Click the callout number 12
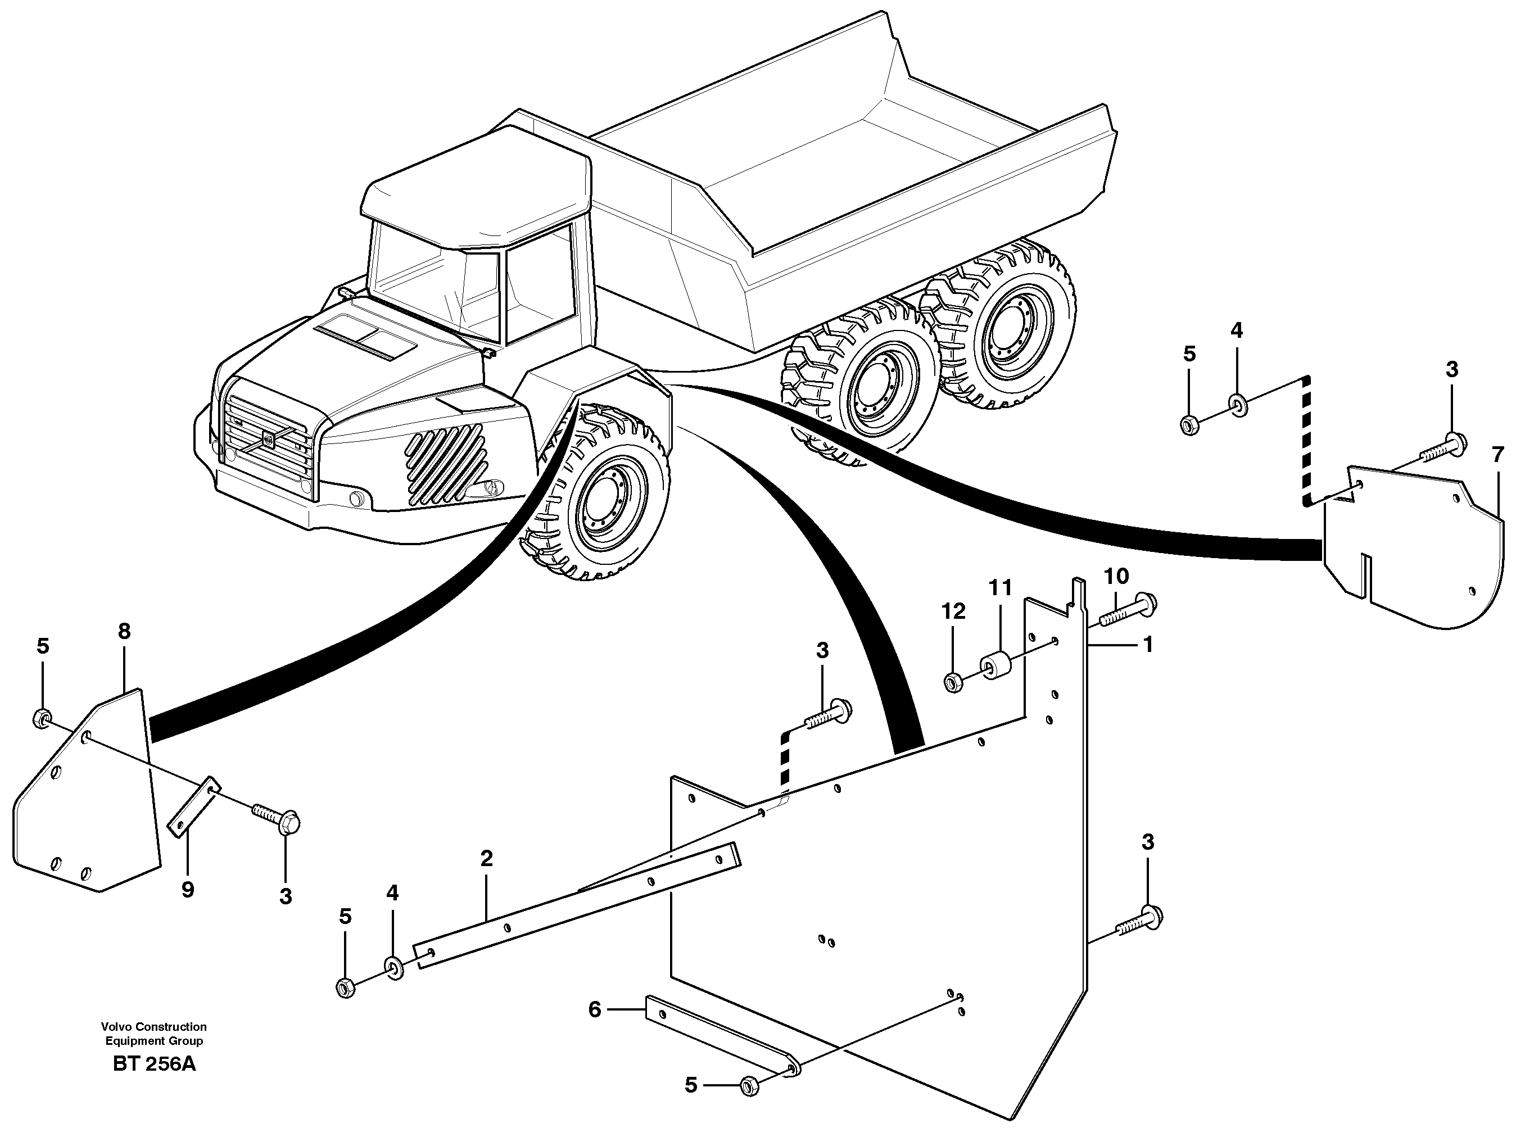953,611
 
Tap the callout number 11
1001,588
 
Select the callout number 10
1116,576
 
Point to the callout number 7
1497,455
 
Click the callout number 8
124,631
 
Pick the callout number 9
187,890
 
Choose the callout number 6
595,1009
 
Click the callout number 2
487,858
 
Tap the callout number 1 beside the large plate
1147,644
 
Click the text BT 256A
154,1064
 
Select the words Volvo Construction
153,1026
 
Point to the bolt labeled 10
1129,609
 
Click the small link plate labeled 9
194,807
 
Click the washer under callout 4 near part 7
1237,405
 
